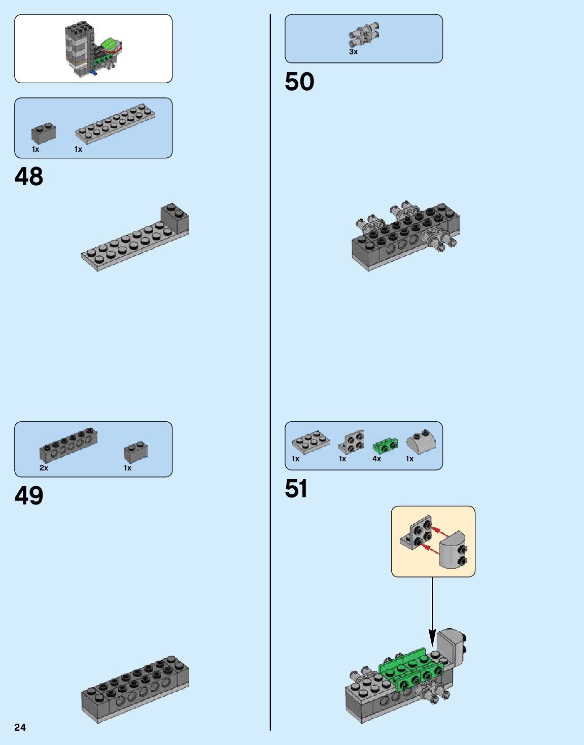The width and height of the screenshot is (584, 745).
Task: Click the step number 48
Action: (29, 177)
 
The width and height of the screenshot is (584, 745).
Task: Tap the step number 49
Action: (29, 496)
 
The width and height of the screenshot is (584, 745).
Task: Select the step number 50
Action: (299, 82)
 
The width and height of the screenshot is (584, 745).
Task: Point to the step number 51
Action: (296, 489)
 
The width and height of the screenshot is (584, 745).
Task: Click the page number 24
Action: (20, 727)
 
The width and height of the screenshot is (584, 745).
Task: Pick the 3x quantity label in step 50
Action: (353, 52)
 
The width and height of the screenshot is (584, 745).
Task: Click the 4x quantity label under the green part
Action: (376, 459)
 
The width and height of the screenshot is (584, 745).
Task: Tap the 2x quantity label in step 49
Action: (44, 468)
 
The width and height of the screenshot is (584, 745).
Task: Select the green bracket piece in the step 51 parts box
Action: (385, 446)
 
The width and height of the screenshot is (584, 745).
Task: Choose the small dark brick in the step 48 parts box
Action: (44, 133)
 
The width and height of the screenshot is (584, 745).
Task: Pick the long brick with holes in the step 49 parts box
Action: (68, 444)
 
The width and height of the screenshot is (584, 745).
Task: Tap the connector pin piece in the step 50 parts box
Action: (364, 33)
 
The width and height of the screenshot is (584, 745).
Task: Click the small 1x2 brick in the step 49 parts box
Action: (135, 452)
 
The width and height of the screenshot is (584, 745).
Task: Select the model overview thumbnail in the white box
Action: (94, 49)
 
